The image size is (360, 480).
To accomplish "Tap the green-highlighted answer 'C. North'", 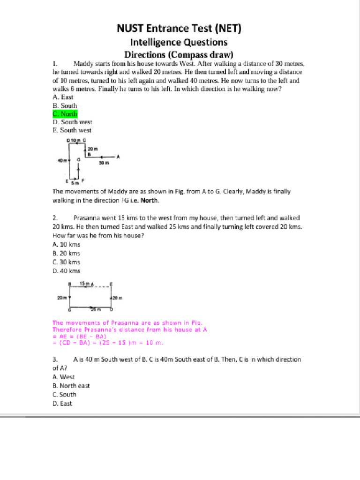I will [65, 114].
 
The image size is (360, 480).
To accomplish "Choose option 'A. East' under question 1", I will [63, 97].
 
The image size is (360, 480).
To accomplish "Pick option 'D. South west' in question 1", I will [72, 122].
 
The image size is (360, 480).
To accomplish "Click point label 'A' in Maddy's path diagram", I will [118, 157].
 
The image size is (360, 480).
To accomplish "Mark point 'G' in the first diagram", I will [78, 160].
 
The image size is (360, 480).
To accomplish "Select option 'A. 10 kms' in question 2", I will [66, 245].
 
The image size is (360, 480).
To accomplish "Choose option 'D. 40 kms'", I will [66, 271].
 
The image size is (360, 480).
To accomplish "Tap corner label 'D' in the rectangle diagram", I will [111, 310].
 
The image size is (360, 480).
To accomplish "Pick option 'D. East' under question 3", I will [62, 404].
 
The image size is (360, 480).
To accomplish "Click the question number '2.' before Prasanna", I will [55, 218].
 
